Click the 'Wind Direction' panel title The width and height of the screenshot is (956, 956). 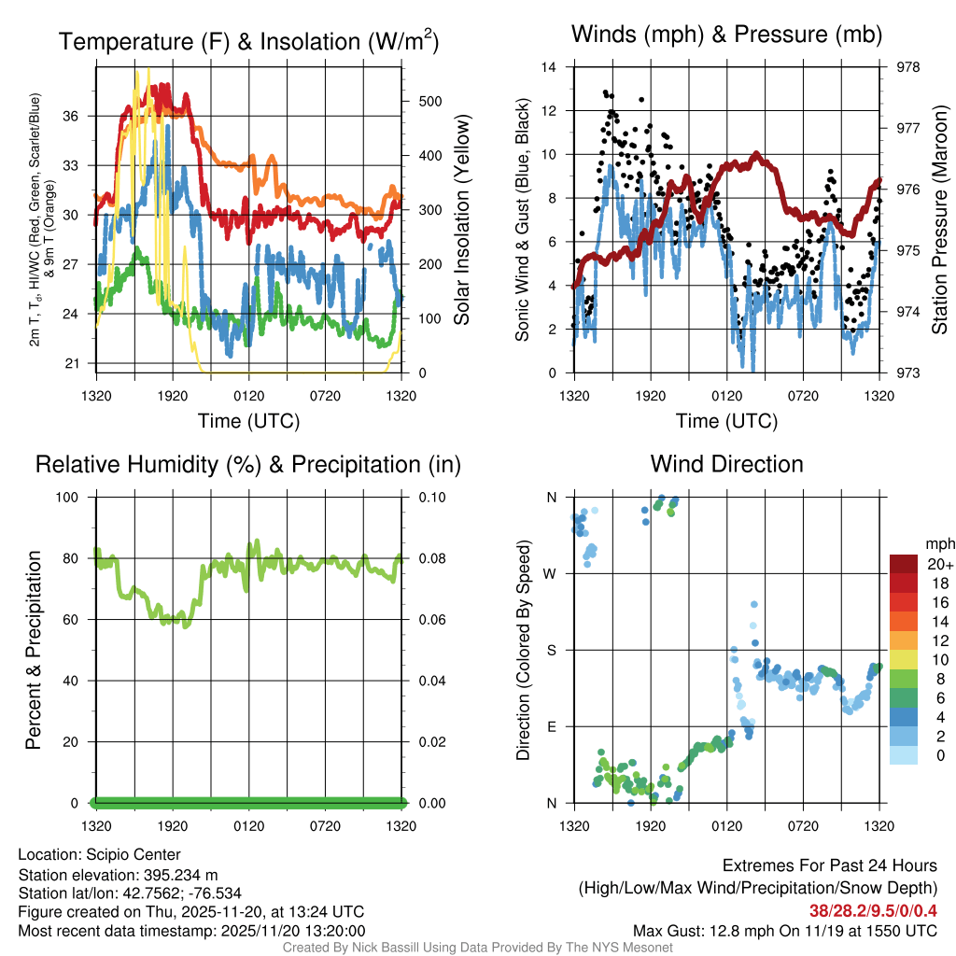(726, 464)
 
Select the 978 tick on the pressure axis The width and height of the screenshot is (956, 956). (907, 67)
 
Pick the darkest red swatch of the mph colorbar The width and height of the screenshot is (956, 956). (905, 564)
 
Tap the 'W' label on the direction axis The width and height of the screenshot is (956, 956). (551, 573)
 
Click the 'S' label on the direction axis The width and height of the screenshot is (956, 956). (551, 650)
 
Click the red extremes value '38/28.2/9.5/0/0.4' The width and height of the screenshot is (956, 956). (873, 910)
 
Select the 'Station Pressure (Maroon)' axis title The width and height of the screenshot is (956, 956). (940, 220)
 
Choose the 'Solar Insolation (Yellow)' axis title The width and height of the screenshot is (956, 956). (461, 220)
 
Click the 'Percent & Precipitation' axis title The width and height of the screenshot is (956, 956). (33, 650)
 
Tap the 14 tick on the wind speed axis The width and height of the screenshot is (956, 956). (550, 67)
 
